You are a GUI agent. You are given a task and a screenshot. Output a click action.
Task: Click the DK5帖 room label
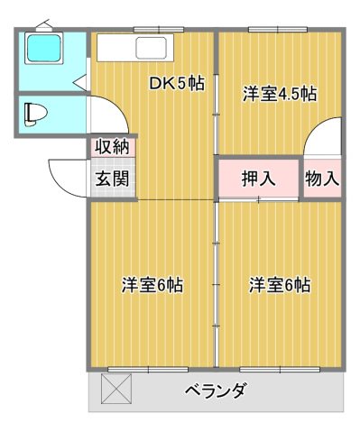[x=177, y=84]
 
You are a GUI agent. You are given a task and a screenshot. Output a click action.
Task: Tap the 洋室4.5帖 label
[x=280, y=92]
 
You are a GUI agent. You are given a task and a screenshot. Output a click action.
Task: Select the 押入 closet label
[x=258, y=178]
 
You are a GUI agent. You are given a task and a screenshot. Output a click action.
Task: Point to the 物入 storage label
[x=322, y=178]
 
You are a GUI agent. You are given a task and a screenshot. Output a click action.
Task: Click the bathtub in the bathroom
[x=43, y=49]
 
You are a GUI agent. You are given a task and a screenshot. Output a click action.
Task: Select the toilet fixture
[x=36, y=113]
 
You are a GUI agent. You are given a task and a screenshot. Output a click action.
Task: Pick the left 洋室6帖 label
[x=152, y=285]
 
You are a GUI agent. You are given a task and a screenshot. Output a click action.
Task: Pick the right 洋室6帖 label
[x=280, y=285]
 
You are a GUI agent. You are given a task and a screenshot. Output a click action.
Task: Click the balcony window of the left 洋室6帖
[x=149, y=368]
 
